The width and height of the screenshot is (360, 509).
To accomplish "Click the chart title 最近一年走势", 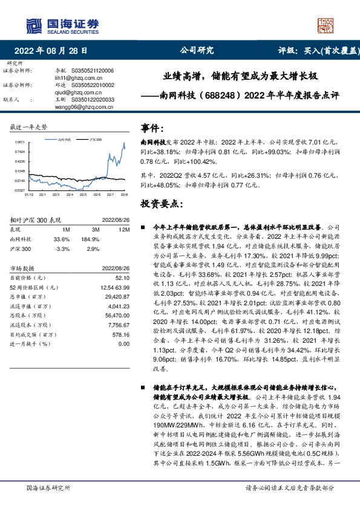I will point(29,127).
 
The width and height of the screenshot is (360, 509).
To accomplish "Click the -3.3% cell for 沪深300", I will point(62,248).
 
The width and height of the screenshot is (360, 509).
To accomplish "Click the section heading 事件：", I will point(152,128).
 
